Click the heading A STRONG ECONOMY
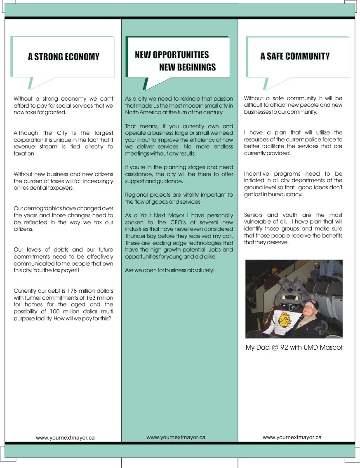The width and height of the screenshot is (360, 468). click(x=64, y=57)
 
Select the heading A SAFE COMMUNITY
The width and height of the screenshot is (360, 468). click(x=295, y=56)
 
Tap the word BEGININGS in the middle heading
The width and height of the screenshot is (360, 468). click(x=188, y=67)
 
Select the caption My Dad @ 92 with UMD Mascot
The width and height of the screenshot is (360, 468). click(x=294, y=347)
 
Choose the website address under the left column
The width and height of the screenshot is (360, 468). click(x=65, y=437)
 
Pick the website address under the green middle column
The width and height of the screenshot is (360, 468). click(x=176, y=437)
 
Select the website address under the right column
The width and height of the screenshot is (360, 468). click(x=292, y=437)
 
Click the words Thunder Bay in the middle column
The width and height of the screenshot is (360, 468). click(x=140, y=236)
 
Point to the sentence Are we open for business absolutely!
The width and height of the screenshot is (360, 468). click(x=169, y=270)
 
